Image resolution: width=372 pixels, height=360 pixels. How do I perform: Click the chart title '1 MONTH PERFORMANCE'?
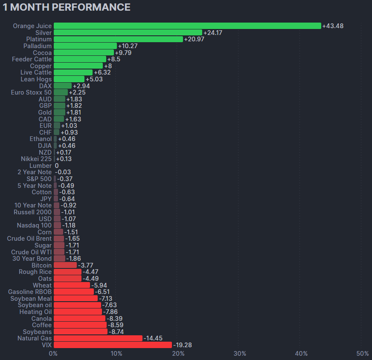click(x=67, y=7)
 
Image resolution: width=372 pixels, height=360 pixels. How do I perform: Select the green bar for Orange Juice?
click(x=187, y=26)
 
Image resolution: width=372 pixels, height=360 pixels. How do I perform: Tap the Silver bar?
click(x=128, y=33)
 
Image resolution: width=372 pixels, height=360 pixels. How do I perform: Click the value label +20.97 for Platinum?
click(x=195, y=39)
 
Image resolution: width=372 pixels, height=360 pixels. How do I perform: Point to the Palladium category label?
click(x=38, y=46)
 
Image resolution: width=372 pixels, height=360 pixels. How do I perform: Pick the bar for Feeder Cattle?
click(x=80, y=59)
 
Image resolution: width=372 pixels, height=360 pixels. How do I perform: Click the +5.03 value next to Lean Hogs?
click(x=94, y=79)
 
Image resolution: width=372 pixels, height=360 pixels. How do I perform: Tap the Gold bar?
click(x=59, y=112)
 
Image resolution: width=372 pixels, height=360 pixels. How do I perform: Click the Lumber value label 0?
click(x=57, y=166)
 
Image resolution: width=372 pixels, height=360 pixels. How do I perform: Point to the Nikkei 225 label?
click(x=36, y=159)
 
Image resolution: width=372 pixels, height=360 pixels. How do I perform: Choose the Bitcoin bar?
click(x=65, y=265)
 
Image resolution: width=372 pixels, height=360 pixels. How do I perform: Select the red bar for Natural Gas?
click(x=98, y=338)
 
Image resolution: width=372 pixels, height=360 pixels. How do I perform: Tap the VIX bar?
click(x=113, y=345)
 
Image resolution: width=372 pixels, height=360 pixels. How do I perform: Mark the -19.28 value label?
click(x=182, y=345)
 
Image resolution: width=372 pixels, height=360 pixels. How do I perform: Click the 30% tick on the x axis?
click(x=240, y=354)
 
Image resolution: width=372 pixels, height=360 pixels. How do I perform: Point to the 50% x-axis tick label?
click(x=363, y=354)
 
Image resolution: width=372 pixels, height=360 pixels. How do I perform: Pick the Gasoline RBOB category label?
click(x=30, y=292)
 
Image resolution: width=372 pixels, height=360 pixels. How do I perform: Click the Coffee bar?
click(x=80, y=325)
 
